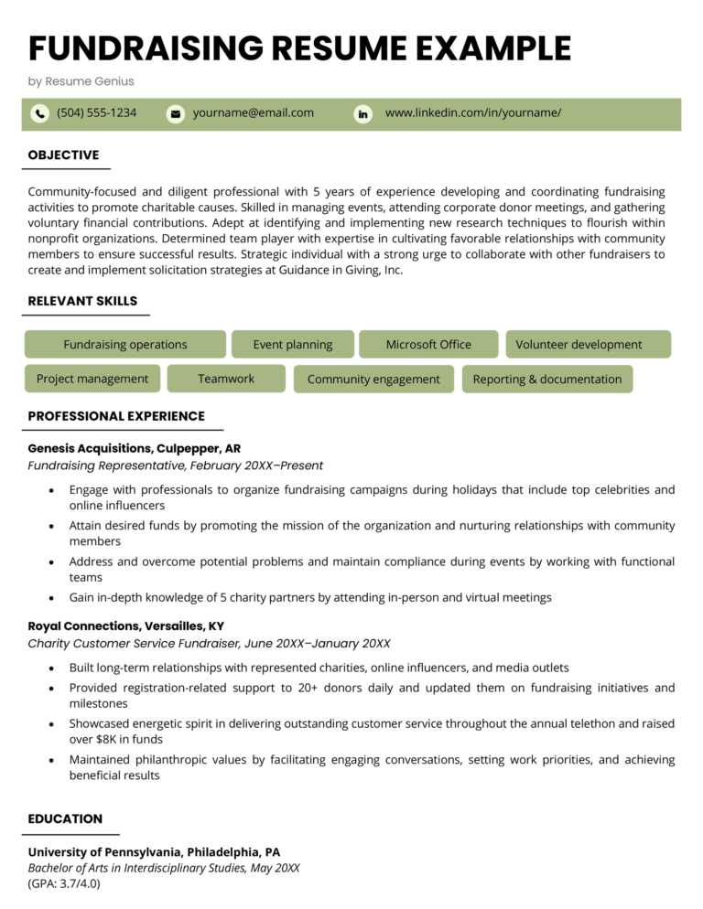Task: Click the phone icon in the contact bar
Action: click(x=39, y=113)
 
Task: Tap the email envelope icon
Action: click(x=175, y=113)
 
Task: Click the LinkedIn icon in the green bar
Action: click(x=363, y=113)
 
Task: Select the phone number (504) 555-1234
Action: click(x=96, y=112)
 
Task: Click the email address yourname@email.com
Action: click(x=253, y=112)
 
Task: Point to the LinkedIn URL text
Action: click(x=472, y=112)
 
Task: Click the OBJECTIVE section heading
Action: click(x=63, y=155)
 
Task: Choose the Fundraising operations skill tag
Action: click(x=124, y=345)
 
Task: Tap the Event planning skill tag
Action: click(x=292, y=345)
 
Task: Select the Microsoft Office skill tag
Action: click(x=428, y=345)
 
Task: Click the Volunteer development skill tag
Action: click(x=579, y=345)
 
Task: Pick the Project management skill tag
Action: click(x=92, y=379)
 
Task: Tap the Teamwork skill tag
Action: click(x=226, y=379)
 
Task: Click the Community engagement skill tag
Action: click(x=373, y=380)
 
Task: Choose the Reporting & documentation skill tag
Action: click(x=546, y=380)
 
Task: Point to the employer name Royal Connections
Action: click(x=84, y=626)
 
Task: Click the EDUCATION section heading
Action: click(x=65, y=818)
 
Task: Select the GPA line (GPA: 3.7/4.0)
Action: click(x=64, y=883)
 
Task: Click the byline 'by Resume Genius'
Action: click(x=81, y=81)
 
